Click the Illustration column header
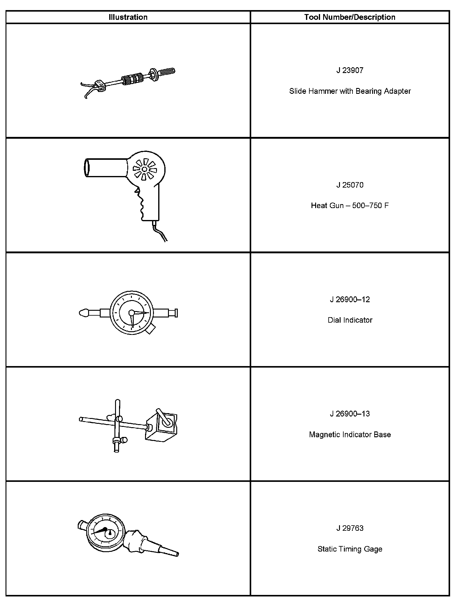click(x=128, y=17)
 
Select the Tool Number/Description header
click(x=349, y=17)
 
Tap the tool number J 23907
click(x=350, y=70)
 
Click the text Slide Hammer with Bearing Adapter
click(x=350, y=91)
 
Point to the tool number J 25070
click(x=350, y=185)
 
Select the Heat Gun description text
click(x=350, y=205)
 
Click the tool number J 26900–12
click(x=350, y=299)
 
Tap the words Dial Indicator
click(x=350, y=320)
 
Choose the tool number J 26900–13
click(x=350, y=414)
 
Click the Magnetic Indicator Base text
click(x=350, y=435)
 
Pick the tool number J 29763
click(x=350, y=528)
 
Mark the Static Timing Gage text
click(x=350, y=549)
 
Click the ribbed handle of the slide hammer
click(x=166, y=72)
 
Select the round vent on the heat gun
click(x=144, y=169)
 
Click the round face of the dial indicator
click(x=131, y=313)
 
